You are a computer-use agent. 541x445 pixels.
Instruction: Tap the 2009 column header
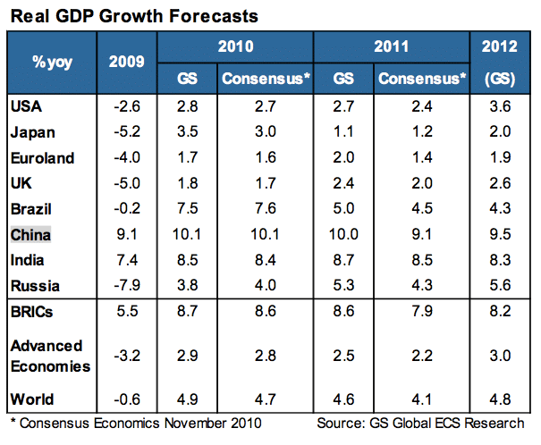pos(129,63)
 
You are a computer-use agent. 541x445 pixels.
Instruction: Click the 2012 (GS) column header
pos(506,63)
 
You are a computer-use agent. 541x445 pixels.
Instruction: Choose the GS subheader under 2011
pos(344,80)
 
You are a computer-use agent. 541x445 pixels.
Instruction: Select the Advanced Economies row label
pos(50,356)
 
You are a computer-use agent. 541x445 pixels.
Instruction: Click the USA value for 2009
pos(129,108)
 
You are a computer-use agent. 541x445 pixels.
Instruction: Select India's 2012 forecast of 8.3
pos(506,262)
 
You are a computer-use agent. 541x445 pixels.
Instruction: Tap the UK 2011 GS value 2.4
pos(344,185)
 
